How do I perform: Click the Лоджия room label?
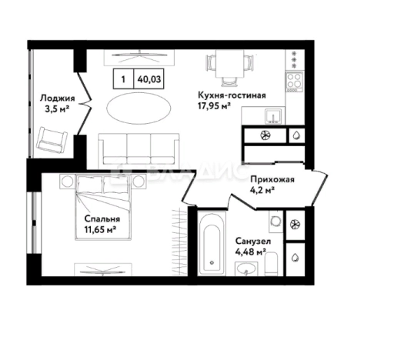(x=58, y=98)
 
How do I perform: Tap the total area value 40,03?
(x=149, y=79)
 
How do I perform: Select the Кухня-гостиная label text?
(x=232, y=95)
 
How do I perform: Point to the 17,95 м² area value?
(x=214, y=105)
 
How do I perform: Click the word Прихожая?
(x=272, y=179)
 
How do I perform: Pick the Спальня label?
(x=102, y=218)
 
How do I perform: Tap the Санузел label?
(x=253, y=241)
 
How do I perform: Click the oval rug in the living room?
(x=139, y=108)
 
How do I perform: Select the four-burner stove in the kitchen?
(x=294, y=82)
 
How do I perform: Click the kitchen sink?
(x=273, y=117)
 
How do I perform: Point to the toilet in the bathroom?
(x=271, y=263)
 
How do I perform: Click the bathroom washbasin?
(x=246, y=268)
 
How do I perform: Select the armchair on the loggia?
(x=52, y=140)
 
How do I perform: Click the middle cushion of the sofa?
(x=139, y=148)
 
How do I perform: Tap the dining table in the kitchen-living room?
(x=229, y=63)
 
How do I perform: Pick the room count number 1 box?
(x=123, y=79)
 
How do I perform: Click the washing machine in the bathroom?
(x=276, y=222)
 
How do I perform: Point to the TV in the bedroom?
(x=103, y=270)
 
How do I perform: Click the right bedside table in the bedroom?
(x=139, y=182)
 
